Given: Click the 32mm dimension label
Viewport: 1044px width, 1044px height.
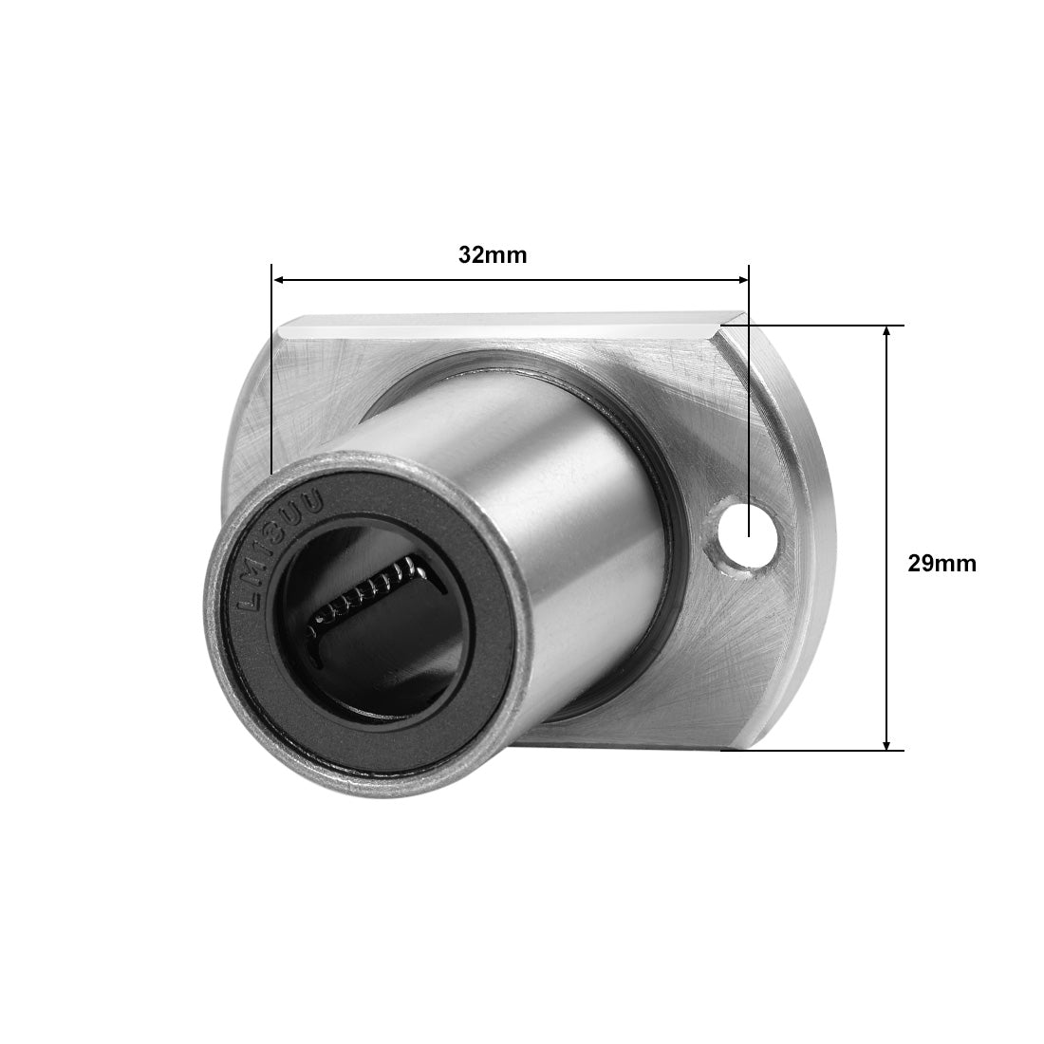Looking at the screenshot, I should pos(492,255).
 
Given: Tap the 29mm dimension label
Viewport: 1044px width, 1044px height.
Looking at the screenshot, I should pos(941,563).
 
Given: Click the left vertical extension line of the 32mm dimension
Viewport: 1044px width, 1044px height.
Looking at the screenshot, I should pos(271,380).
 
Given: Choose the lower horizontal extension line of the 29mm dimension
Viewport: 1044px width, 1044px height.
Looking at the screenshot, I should pos(816,750).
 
